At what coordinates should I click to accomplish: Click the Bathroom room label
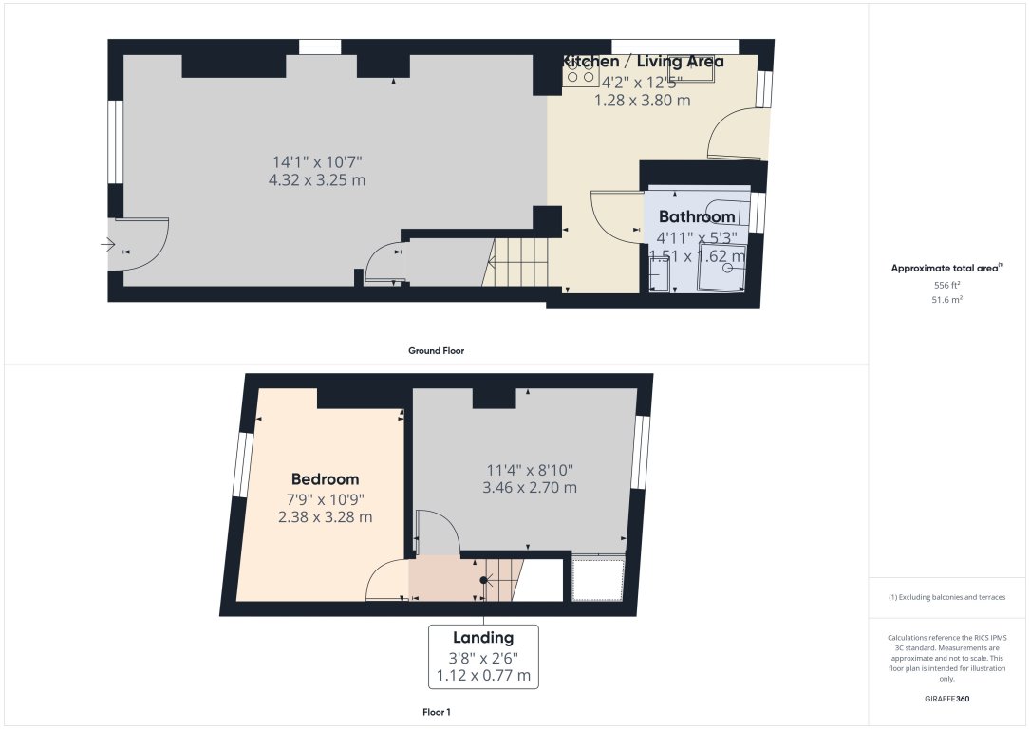tap(697, 216)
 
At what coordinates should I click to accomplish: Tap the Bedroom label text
tap(325, 479)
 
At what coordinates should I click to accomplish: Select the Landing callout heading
tap(483, 638)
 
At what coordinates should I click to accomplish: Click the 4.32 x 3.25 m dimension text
tap(317, 179)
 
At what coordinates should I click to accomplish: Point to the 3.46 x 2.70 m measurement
tap(530, 488)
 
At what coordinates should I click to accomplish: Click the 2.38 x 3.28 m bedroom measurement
tap(325, 517)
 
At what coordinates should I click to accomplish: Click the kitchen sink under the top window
tap(689, 69)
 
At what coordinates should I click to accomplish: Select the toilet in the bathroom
tap(733, 215)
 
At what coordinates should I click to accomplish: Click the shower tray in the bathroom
tap(721, 275)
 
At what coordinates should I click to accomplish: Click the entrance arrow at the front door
tap(106, 245)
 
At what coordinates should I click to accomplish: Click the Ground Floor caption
tap(436, 351)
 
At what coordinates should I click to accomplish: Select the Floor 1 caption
tap(436, 711)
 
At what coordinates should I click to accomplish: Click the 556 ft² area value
tap(948, 285)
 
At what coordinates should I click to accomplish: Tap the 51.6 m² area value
tap(948, 299)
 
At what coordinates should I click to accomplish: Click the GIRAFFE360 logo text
tap(947, 699)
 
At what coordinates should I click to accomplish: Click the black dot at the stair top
tap(483, 579)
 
